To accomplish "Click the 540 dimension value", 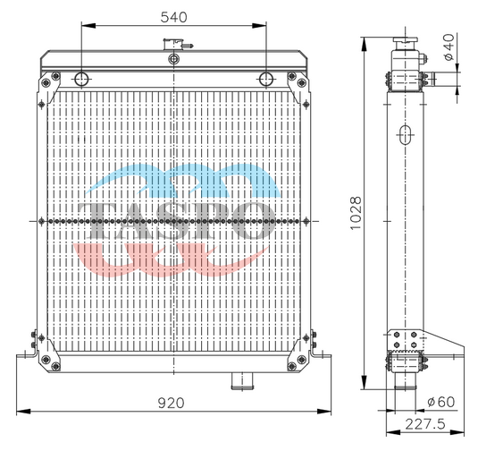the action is (173, 17).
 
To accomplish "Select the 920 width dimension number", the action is (171, 403).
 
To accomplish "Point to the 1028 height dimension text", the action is (356, 213).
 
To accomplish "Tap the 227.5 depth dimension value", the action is (425, 424).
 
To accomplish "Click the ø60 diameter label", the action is (441, 402).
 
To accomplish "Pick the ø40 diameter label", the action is (449, 47).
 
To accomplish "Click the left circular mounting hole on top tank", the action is (81, 79).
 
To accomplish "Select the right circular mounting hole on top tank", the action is (266, 79).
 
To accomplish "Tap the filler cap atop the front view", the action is (178, 44).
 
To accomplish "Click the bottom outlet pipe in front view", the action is (242, 381).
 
